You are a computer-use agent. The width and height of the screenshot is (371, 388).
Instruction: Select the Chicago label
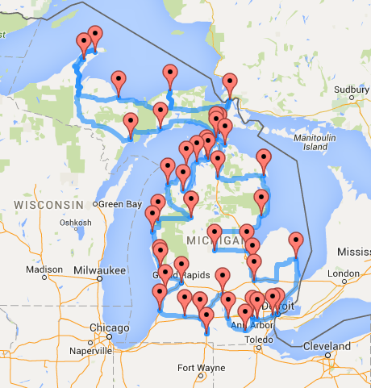click(110, 328)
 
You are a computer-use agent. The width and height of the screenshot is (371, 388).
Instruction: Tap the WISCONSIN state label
click(49, 205)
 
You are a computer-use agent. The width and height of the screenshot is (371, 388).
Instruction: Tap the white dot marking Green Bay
click(97, 204)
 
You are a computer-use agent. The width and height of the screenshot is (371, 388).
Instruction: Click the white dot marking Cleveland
click(329, 355)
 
